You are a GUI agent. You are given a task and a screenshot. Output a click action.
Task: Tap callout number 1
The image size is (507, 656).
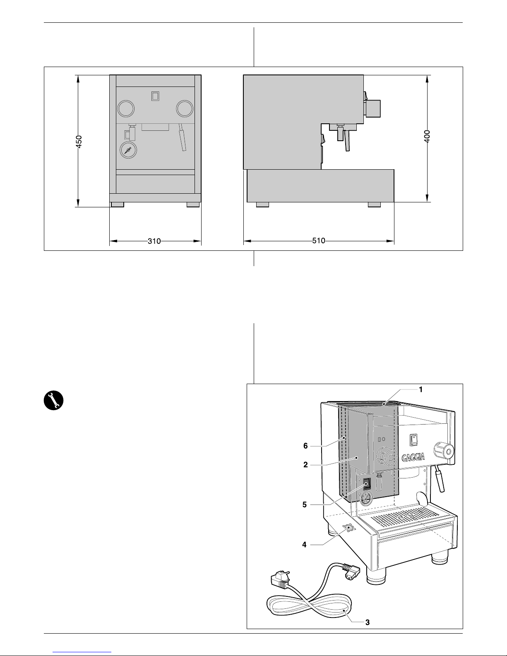(x=420, y=389)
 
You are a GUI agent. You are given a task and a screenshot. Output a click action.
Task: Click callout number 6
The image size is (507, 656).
(x=306, y=446)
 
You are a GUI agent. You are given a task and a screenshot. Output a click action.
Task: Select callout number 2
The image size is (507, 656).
(x=306, y=465)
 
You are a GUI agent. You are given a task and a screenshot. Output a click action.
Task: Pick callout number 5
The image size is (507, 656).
(x=304, y=505)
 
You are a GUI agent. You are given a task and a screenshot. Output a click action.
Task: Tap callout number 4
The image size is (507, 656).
(x=304, y=545)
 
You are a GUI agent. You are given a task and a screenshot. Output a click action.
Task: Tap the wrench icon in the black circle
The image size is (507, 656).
(x=53, y=400)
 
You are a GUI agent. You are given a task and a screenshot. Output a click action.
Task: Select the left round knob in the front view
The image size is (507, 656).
(x=126, y=108)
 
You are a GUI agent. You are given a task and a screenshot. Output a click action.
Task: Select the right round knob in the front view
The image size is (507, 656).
(x=184, y=108)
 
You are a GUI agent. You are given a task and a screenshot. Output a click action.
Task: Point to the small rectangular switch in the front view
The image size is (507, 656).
(x=155, y=96)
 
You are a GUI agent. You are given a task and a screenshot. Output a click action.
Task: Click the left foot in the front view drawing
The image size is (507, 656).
(x=117, y=204)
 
